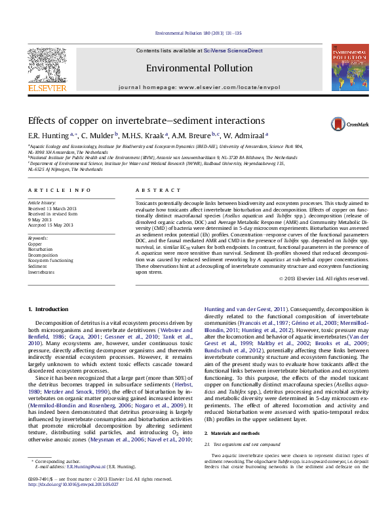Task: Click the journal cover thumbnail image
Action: point(349,67)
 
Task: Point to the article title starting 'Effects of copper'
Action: point(136,121)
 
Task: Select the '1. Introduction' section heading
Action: point(50,308)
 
